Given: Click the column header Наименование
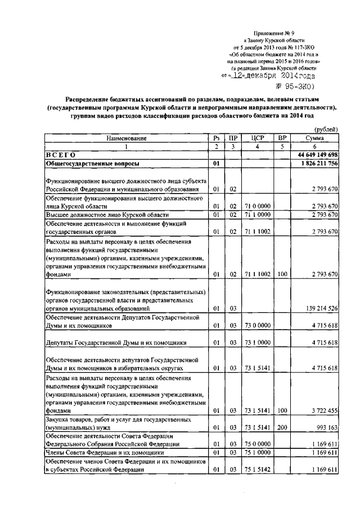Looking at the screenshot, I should pos(125,138).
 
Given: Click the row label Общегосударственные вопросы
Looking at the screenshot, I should pos(93,164).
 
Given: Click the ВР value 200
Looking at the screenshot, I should pos(282,428).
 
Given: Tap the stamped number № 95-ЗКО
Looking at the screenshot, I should pos(294,86).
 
